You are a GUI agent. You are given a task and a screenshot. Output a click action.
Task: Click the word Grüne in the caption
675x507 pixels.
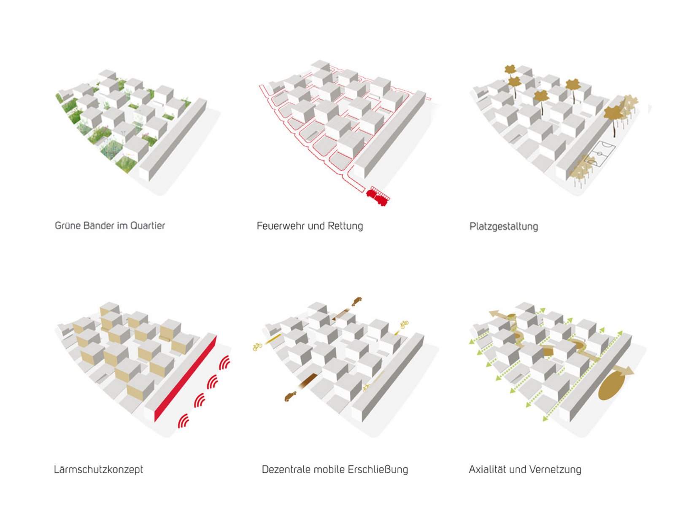67,226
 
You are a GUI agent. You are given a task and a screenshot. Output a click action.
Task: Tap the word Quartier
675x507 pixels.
148,226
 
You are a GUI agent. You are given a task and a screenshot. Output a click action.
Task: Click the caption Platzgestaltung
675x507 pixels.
504,227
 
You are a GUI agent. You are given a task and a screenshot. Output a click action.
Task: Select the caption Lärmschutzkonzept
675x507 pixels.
98,470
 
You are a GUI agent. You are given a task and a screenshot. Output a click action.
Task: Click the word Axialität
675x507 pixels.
487,470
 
